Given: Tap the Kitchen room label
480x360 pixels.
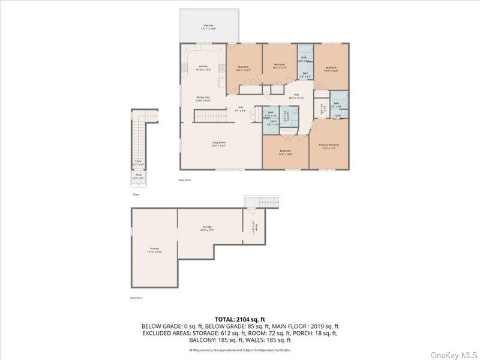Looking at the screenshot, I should (203, 68).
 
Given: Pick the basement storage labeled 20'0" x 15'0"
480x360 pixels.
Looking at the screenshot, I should (208, 228).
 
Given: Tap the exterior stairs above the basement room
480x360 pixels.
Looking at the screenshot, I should (262, 202).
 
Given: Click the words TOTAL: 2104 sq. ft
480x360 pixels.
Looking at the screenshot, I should (239, 319).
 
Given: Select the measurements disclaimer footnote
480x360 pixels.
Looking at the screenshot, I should (239, 350).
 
